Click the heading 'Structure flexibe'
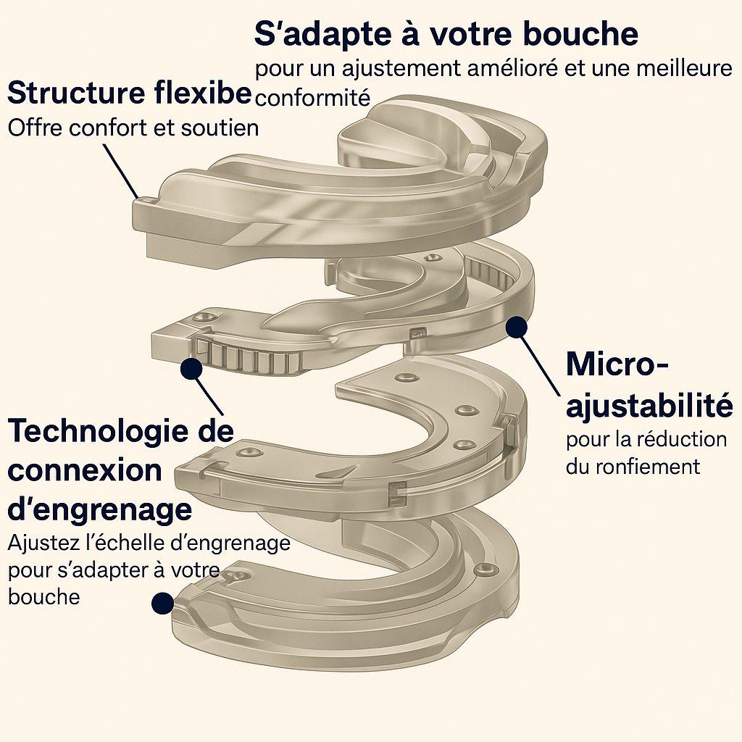129,94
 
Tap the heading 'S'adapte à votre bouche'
446,34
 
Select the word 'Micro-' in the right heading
617,364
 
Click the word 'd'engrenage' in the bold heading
100,509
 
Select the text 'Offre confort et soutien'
133,128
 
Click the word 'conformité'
312,98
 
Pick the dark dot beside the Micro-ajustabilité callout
515,328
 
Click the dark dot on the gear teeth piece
191,368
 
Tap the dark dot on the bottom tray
162,601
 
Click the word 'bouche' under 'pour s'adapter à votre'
43,596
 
